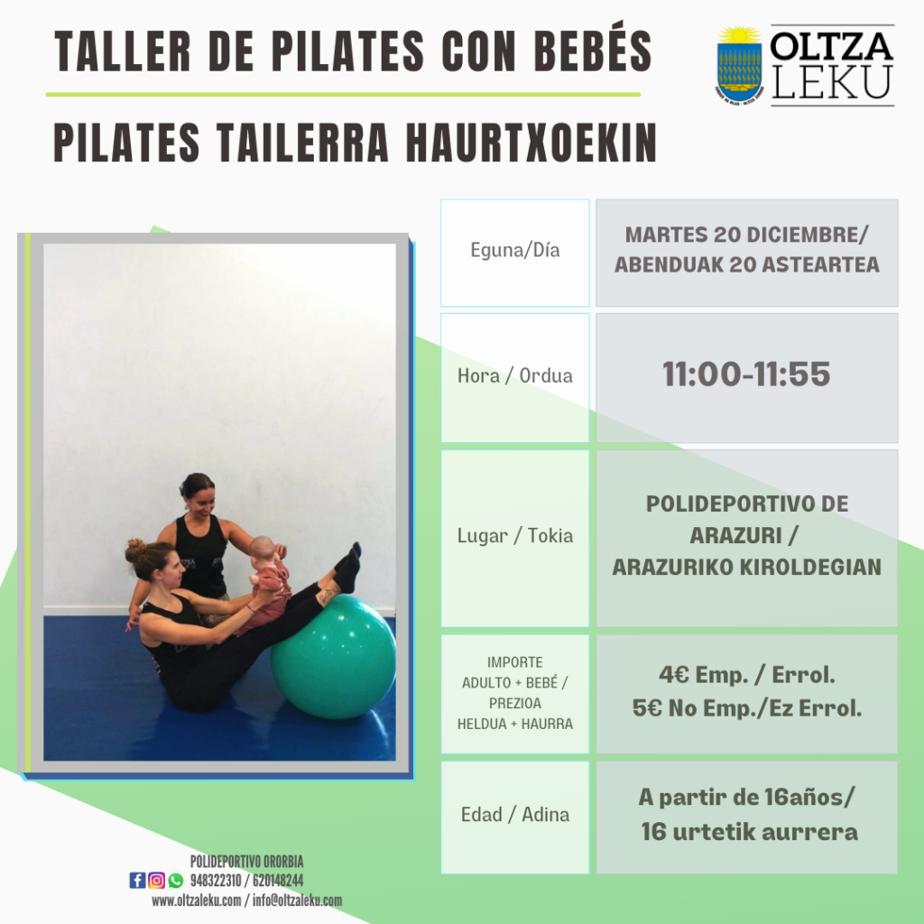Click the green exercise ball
[x=334, y=657]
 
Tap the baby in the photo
[x=266, y=584]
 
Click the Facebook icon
[x=137, y=881]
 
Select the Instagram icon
[x=156, y=881]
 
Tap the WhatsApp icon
[x=176, y=881]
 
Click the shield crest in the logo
[x=740, y=65]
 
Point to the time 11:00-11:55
[x=746, y=374]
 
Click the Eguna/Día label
[x=515, y=250]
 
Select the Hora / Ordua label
[x=515, y=375]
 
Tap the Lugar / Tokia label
[x=515, y=536]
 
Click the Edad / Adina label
[x=515, y=815]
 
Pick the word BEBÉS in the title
[x=593, y=51]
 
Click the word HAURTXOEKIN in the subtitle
[x=531, y=143]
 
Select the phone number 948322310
[x=216, y=881]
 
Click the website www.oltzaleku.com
[x=196, y=901]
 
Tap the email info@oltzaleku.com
[x=297, y=901]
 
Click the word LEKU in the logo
[x=831, y=82]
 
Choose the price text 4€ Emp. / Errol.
[x=746, y=675]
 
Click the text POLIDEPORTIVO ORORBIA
[x=247, y=862]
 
